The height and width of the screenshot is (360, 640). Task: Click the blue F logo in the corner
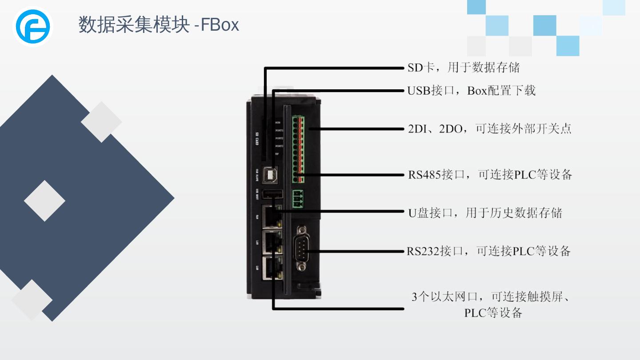[33, 26]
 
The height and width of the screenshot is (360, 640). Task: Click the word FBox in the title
[220, 24]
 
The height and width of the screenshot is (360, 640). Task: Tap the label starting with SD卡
[464, 68]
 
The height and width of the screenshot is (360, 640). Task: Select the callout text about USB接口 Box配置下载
[472, 91]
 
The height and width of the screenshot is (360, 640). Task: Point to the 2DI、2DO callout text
[489, 129]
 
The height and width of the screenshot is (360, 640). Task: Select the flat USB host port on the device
[272, 194]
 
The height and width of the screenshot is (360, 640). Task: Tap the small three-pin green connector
[298, 199]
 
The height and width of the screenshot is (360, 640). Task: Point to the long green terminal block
[298, 149]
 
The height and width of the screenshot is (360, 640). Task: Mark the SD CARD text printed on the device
[257, 139]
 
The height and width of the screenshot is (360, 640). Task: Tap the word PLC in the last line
[475, 313]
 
